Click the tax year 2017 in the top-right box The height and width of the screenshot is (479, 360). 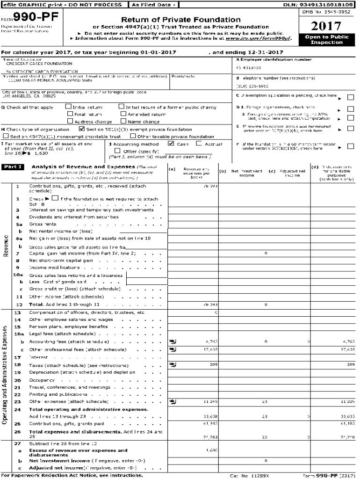(326, 26)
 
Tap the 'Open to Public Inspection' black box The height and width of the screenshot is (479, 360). (326, 39)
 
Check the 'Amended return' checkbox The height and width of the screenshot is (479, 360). (123, 114)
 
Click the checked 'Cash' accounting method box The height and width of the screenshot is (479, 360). (171, 144)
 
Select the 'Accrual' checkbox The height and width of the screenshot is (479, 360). (199, 144)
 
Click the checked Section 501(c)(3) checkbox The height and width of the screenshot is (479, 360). (82, 129)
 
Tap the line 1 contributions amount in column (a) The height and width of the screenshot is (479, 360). (209, 186)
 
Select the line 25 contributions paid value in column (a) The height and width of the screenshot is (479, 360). (209, 423)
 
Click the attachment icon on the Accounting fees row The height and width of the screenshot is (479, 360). (173, 342)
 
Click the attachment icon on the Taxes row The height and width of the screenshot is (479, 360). (173, 363)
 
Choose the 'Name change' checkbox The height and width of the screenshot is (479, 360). (123, 121)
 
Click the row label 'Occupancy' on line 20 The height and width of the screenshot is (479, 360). (41, 380)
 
